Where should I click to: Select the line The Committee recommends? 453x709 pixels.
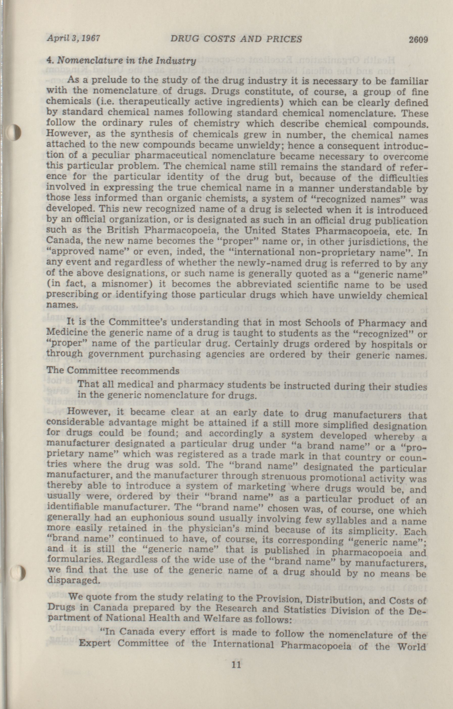[x=113, y=370]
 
